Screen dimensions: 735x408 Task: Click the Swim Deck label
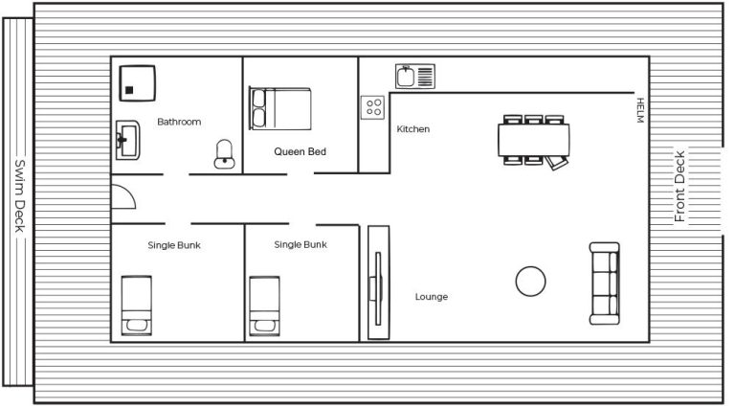click(x=19, y=195)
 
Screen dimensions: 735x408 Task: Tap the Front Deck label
click(x=679, y=186)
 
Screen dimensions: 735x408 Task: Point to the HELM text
click(x=640, y=110)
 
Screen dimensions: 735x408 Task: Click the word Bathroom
click(x=179, y=122)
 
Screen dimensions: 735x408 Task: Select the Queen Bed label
click(x=300, y=151)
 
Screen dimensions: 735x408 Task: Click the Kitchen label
click(x=413, y=129)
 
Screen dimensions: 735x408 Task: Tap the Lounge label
click(x=432, y=296)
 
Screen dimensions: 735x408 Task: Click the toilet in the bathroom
click(x=225, y=154)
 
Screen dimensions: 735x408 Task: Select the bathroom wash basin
click(x=128, y=140)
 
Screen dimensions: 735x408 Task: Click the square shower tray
click(x=138, y=83)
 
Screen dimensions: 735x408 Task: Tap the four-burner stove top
click(x=372, y=107)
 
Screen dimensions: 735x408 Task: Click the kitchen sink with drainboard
click(x=414, y=77)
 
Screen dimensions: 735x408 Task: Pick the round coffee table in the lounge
click(x=530, y=282)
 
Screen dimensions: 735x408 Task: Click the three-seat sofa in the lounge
click(x=605, y=283)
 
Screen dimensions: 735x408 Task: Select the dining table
click(x=534, y=140)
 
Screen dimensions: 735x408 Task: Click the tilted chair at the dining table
click(x=557, y=162)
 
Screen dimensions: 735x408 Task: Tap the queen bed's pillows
click(x=258, y=108)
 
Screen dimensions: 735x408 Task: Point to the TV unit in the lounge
click(x=378, y=283)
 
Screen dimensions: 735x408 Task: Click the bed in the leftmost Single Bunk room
click(x=137, y=306)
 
